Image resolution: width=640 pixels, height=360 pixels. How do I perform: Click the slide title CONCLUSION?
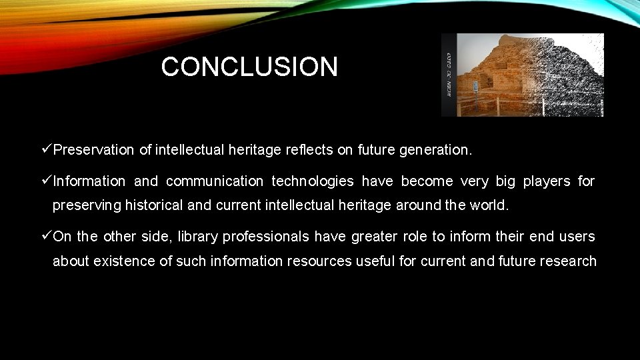point(249,67)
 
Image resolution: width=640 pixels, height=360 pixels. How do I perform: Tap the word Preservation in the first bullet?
point(93,151)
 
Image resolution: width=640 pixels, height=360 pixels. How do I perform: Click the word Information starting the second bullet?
point(89,181)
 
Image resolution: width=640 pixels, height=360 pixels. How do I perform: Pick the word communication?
point(215,181)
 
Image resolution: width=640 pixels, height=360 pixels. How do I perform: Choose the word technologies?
point(313,181)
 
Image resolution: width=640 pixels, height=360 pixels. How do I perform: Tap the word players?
point(547,181)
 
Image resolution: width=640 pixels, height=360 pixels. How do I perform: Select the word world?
point(490,205)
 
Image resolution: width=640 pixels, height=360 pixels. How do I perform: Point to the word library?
point(199,237)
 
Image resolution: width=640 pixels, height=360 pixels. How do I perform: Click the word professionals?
point(266,237)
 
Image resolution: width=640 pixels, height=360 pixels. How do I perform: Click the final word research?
point(567,261)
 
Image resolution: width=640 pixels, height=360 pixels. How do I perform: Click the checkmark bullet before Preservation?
point(46,150)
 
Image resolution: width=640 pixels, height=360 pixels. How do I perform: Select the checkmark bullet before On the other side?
point(46,236)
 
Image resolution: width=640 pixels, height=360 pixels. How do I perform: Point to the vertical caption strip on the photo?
point(449,75)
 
